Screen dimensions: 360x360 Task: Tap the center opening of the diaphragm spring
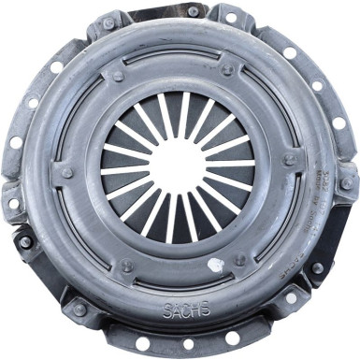click(179, 166)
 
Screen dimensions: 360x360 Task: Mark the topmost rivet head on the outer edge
click(193, 11)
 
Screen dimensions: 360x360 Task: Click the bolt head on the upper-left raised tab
click(108, 22)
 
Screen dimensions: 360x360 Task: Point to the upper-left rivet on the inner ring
click(118, 76)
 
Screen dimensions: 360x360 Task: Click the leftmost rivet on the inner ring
click(66, 172)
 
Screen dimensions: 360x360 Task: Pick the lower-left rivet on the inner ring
click(127, 266)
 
